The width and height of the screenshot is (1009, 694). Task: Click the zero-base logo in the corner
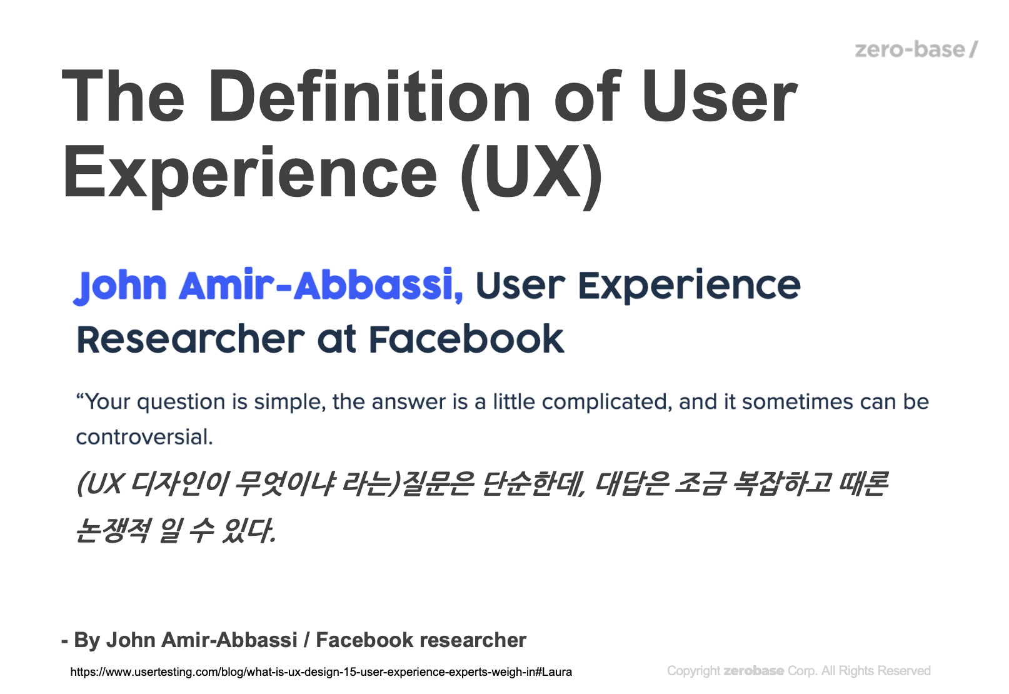pyautogui.click(x=916, y=49)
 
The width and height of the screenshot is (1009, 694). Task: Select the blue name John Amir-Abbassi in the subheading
pyautogui.click(x=268, y=286)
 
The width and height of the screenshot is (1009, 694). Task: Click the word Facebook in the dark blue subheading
pyautogui.click(x=466, y=339)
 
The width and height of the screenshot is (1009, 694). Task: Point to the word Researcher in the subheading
pyautogui.click(x=191, y=339)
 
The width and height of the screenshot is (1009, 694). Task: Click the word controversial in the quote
pyautogui.click(x=144, y=436)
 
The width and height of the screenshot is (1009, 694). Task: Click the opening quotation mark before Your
pyautogui.click(x=80, y=396)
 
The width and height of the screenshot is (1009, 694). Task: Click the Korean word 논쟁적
pyautogui.click(x=112, y=530)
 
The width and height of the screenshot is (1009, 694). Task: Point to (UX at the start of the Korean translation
pyautogui.click(x=99, y=484)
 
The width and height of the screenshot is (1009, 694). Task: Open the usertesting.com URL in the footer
pyautogui.click(x=321, y=672)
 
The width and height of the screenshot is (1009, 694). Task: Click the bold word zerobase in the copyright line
pyautogui.click(x=753, y=671)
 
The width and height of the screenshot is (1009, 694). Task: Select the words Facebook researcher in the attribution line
pyautogui.click(x=421, y=640)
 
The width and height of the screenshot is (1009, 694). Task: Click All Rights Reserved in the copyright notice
pyautogui.click(x=876, y=671)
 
